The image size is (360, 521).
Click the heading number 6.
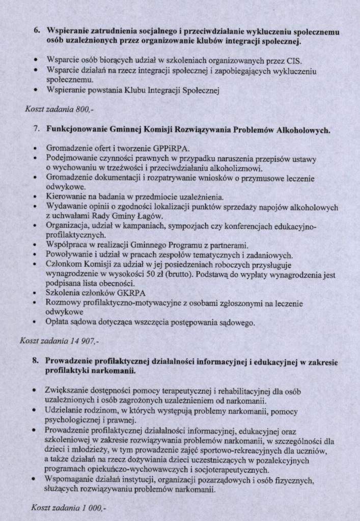37,31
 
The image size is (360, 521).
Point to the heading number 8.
35,361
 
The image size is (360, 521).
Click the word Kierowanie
65,196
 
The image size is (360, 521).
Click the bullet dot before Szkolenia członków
35,294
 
